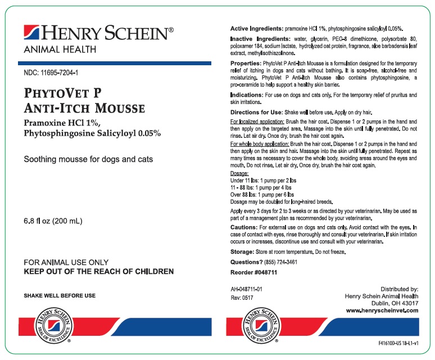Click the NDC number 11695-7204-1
[x=51, y=73]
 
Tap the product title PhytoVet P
[x=63, y=93]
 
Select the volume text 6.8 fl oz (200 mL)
[x=53, y=222]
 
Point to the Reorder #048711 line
[x=253, y=272]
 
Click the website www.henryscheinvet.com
[x=382, y=310]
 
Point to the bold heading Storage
[x=244, y=252]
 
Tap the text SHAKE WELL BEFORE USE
[x=60, y=295]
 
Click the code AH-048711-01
[x=247, y=289]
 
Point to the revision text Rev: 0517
[x=243, y=299]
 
